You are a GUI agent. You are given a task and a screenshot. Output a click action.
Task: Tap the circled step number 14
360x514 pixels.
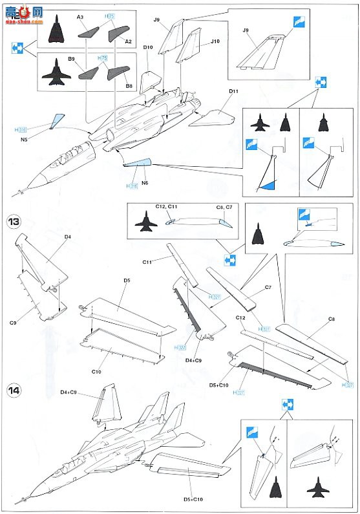pyautogui.click(x=14, y=390)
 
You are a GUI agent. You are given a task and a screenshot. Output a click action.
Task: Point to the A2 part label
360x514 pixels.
pyautogui.click(x=128, y=41)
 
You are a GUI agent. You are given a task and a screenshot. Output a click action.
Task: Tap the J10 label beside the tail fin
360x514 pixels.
pyautogui.click(x=215, y=41)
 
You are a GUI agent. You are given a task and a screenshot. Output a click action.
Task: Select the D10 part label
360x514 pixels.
pyautogui.click(x=147, y=47)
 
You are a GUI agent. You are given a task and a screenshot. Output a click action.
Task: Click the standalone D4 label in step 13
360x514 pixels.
pyautogui.click(x=68, y=237)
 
